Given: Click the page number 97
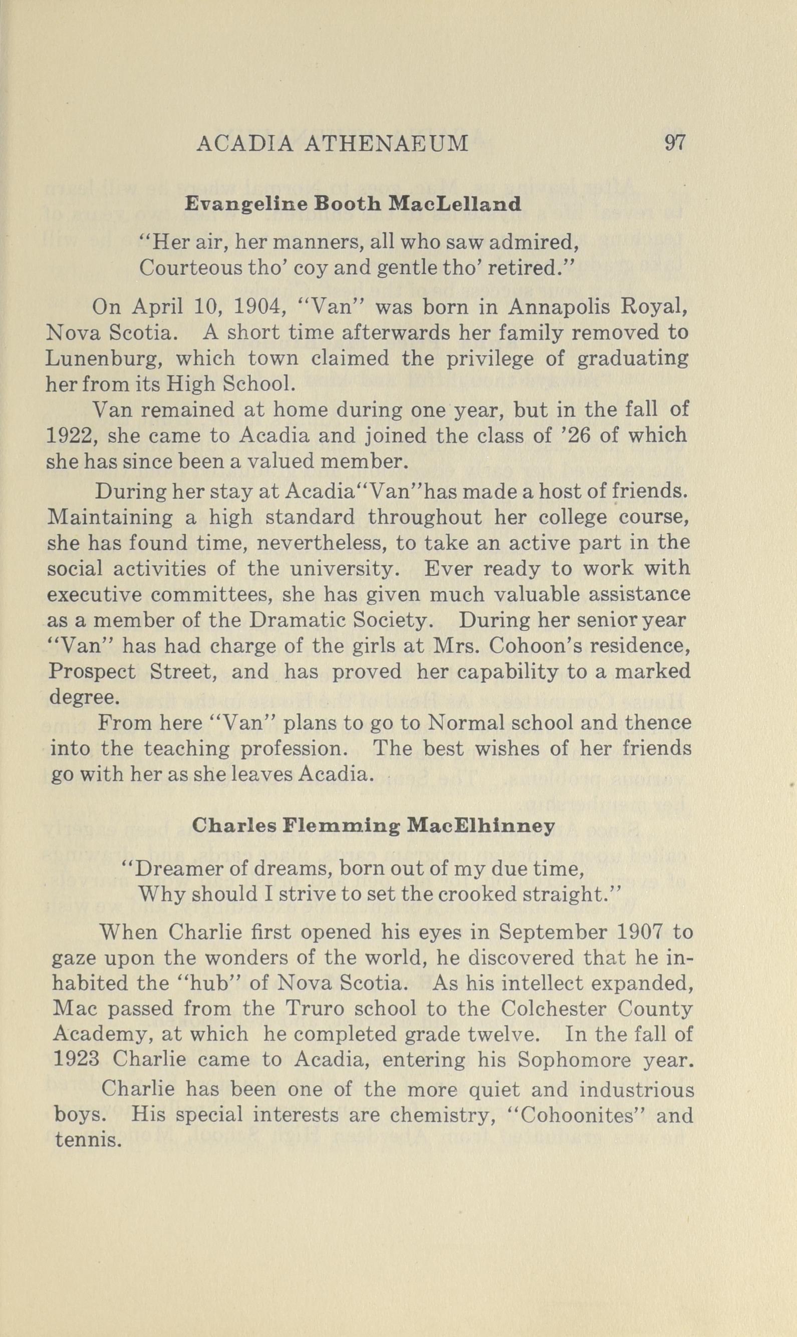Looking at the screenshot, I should click(675, 144).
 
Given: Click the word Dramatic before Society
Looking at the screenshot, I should click(293, 621).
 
